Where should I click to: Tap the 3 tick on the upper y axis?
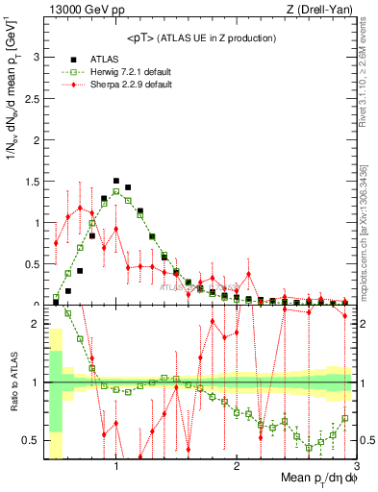38,57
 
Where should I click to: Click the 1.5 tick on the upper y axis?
34,181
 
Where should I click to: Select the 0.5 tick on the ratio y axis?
34,440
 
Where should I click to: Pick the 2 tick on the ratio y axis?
38,324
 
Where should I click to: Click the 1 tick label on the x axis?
116,465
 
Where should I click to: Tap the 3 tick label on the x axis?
355,465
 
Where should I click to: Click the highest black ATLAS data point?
116,181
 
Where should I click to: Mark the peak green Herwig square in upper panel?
116,191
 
